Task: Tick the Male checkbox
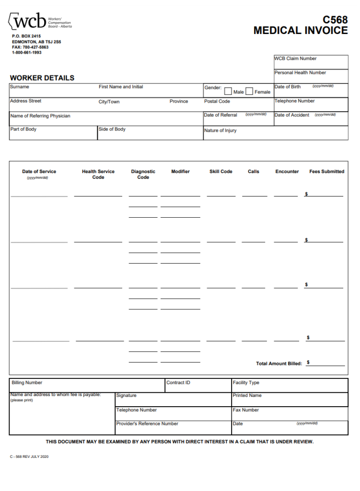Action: pyautogui.click(x=228, y=92)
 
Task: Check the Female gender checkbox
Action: pyautogui.click(x=249, y=92)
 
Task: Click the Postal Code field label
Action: pyautogui.click(x=217, y=101)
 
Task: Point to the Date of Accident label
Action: pyautogui.click(x=292, y=115)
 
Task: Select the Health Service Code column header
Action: pyautogui.click(x=98, y=174)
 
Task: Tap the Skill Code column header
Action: pyautogui.click(x=221, y=172)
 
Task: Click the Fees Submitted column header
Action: pyautogui.click(x=326, y=172)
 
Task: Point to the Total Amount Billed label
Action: pyautogui.click(x=279, y=363)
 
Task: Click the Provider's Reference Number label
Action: pyautogui.click(x=147, y=424)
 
